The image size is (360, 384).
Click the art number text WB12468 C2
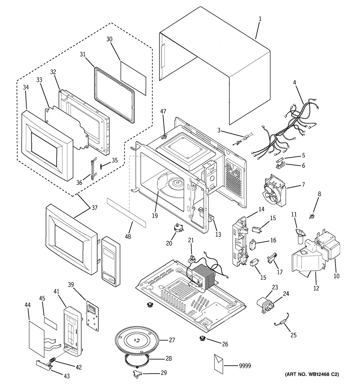point(312,375)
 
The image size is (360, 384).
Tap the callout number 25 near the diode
point(293,335)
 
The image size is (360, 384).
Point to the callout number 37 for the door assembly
point(94,208)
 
